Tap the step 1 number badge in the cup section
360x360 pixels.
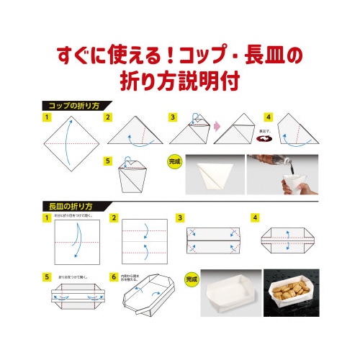click(46, 117)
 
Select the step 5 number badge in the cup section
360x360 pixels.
click(109, 161)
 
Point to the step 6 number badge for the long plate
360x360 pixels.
click(113, 276)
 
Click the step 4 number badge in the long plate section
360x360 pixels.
click(255, 217)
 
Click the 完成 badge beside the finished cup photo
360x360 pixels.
click(174, 162)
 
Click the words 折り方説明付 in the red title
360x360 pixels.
click(179, 78)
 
